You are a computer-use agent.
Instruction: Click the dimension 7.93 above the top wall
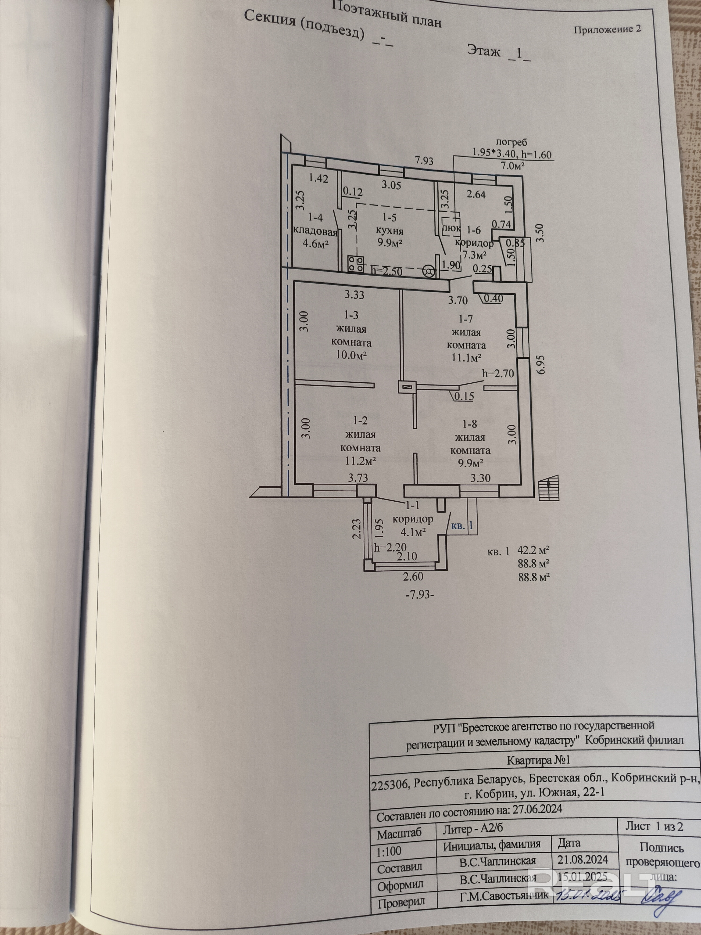click(x=424, y=160)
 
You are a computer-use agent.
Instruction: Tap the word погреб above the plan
click(x=511, y=143)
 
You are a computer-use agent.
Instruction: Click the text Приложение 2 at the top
click(x=608, y=29)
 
